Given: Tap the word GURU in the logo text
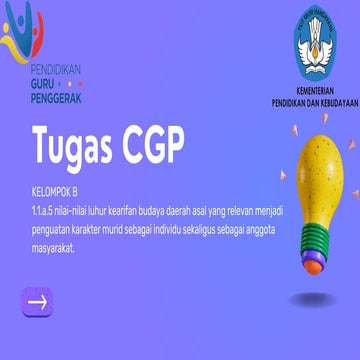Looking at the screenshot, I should point(45,86).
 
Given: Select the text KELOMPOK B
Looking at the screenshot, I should point(53,188).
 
